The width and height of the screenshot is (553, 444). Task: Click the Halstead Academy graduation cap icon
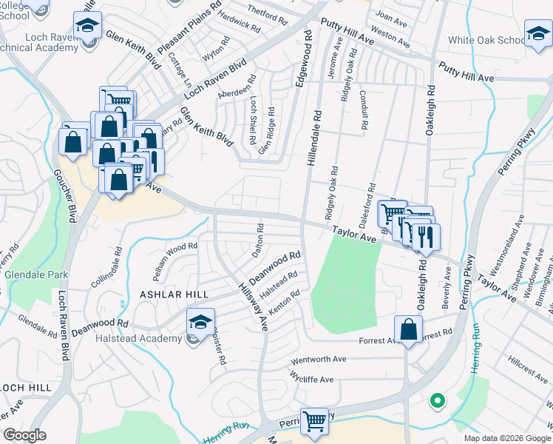[200, 323]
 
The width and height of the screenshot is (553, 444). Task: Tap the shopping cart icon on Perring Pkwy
[315, 421]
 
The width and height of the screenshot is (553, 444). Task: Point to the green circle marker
[437, 401]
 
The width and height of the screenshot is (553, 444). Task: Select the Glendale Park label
[33, 275]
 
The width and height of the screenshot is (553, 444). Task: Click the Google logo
[24, 435]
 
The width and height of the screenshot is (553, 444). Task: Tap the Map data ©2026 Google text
[507, 438]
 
